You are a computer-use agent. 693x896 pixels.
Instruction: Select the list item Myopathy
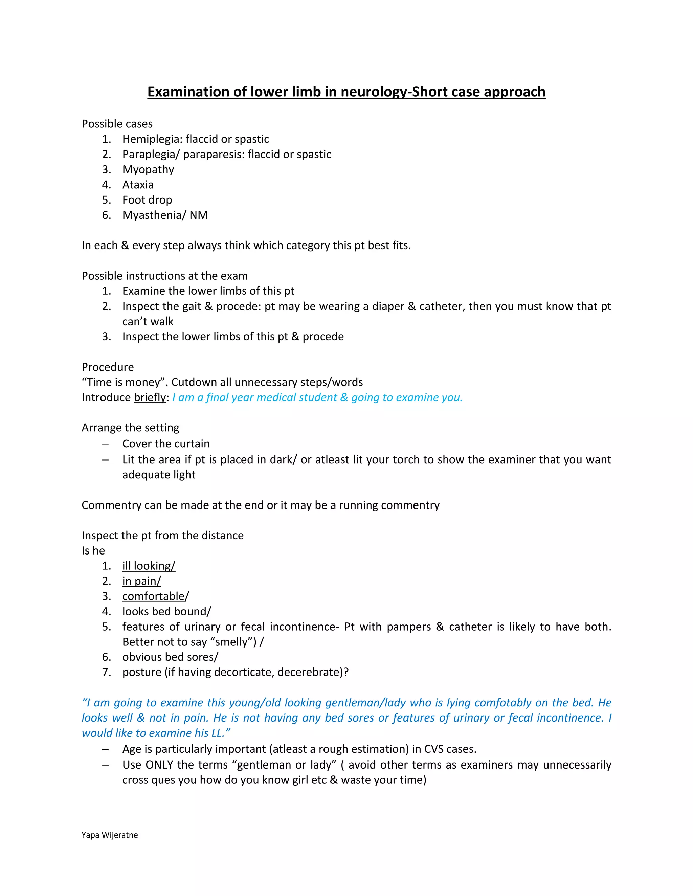(x=148, y=169)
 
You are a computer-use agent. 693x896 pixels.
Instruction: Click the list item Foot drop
(x=147, y=200)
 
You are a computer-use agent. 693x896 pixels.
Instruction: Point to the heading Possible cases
(x=117, y=124)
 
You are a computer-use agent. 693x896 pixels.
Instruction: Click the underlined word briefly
(x=150, y=398)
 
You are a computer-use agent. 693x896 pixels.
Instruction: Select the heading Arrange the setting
(x=130, y=428)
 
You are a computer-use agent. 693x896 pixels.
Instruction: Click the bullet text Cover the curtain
(x=166, y=444)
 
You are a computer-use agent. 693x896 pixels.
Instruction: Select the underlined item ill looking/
(x=149, y=566)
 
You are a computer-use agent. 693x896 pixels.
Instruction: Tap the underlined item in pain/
(x=142, y=581)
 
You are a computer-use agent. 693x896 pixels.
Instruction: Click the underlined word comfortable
(x=154, y=596)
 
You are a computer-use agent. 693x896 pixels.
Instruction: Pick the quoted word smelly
(x=231, y=642)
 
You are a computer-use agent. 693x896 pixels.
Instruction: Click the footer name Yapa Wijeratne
(x=110, y=835)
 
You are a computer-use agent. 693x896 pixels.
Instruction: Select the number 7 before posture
(x=106, y=672)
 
